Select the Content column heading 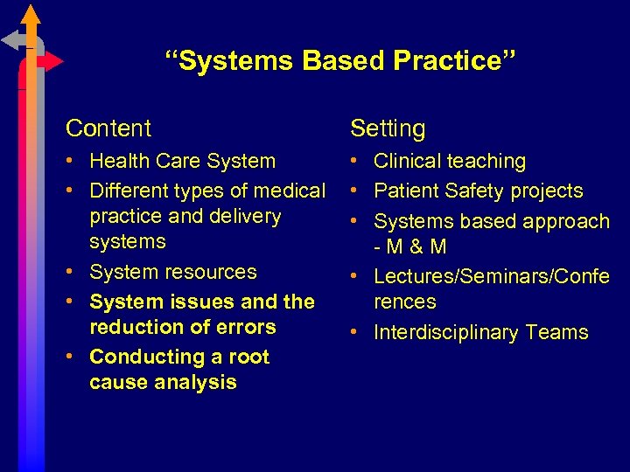(x=108, y=128)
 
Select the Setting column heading (x=388, y=128)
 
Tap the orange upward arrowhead (x=31, y=14)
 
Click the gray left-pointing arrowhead (x=11, y=39)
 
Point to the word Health (x=117, y=162)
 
